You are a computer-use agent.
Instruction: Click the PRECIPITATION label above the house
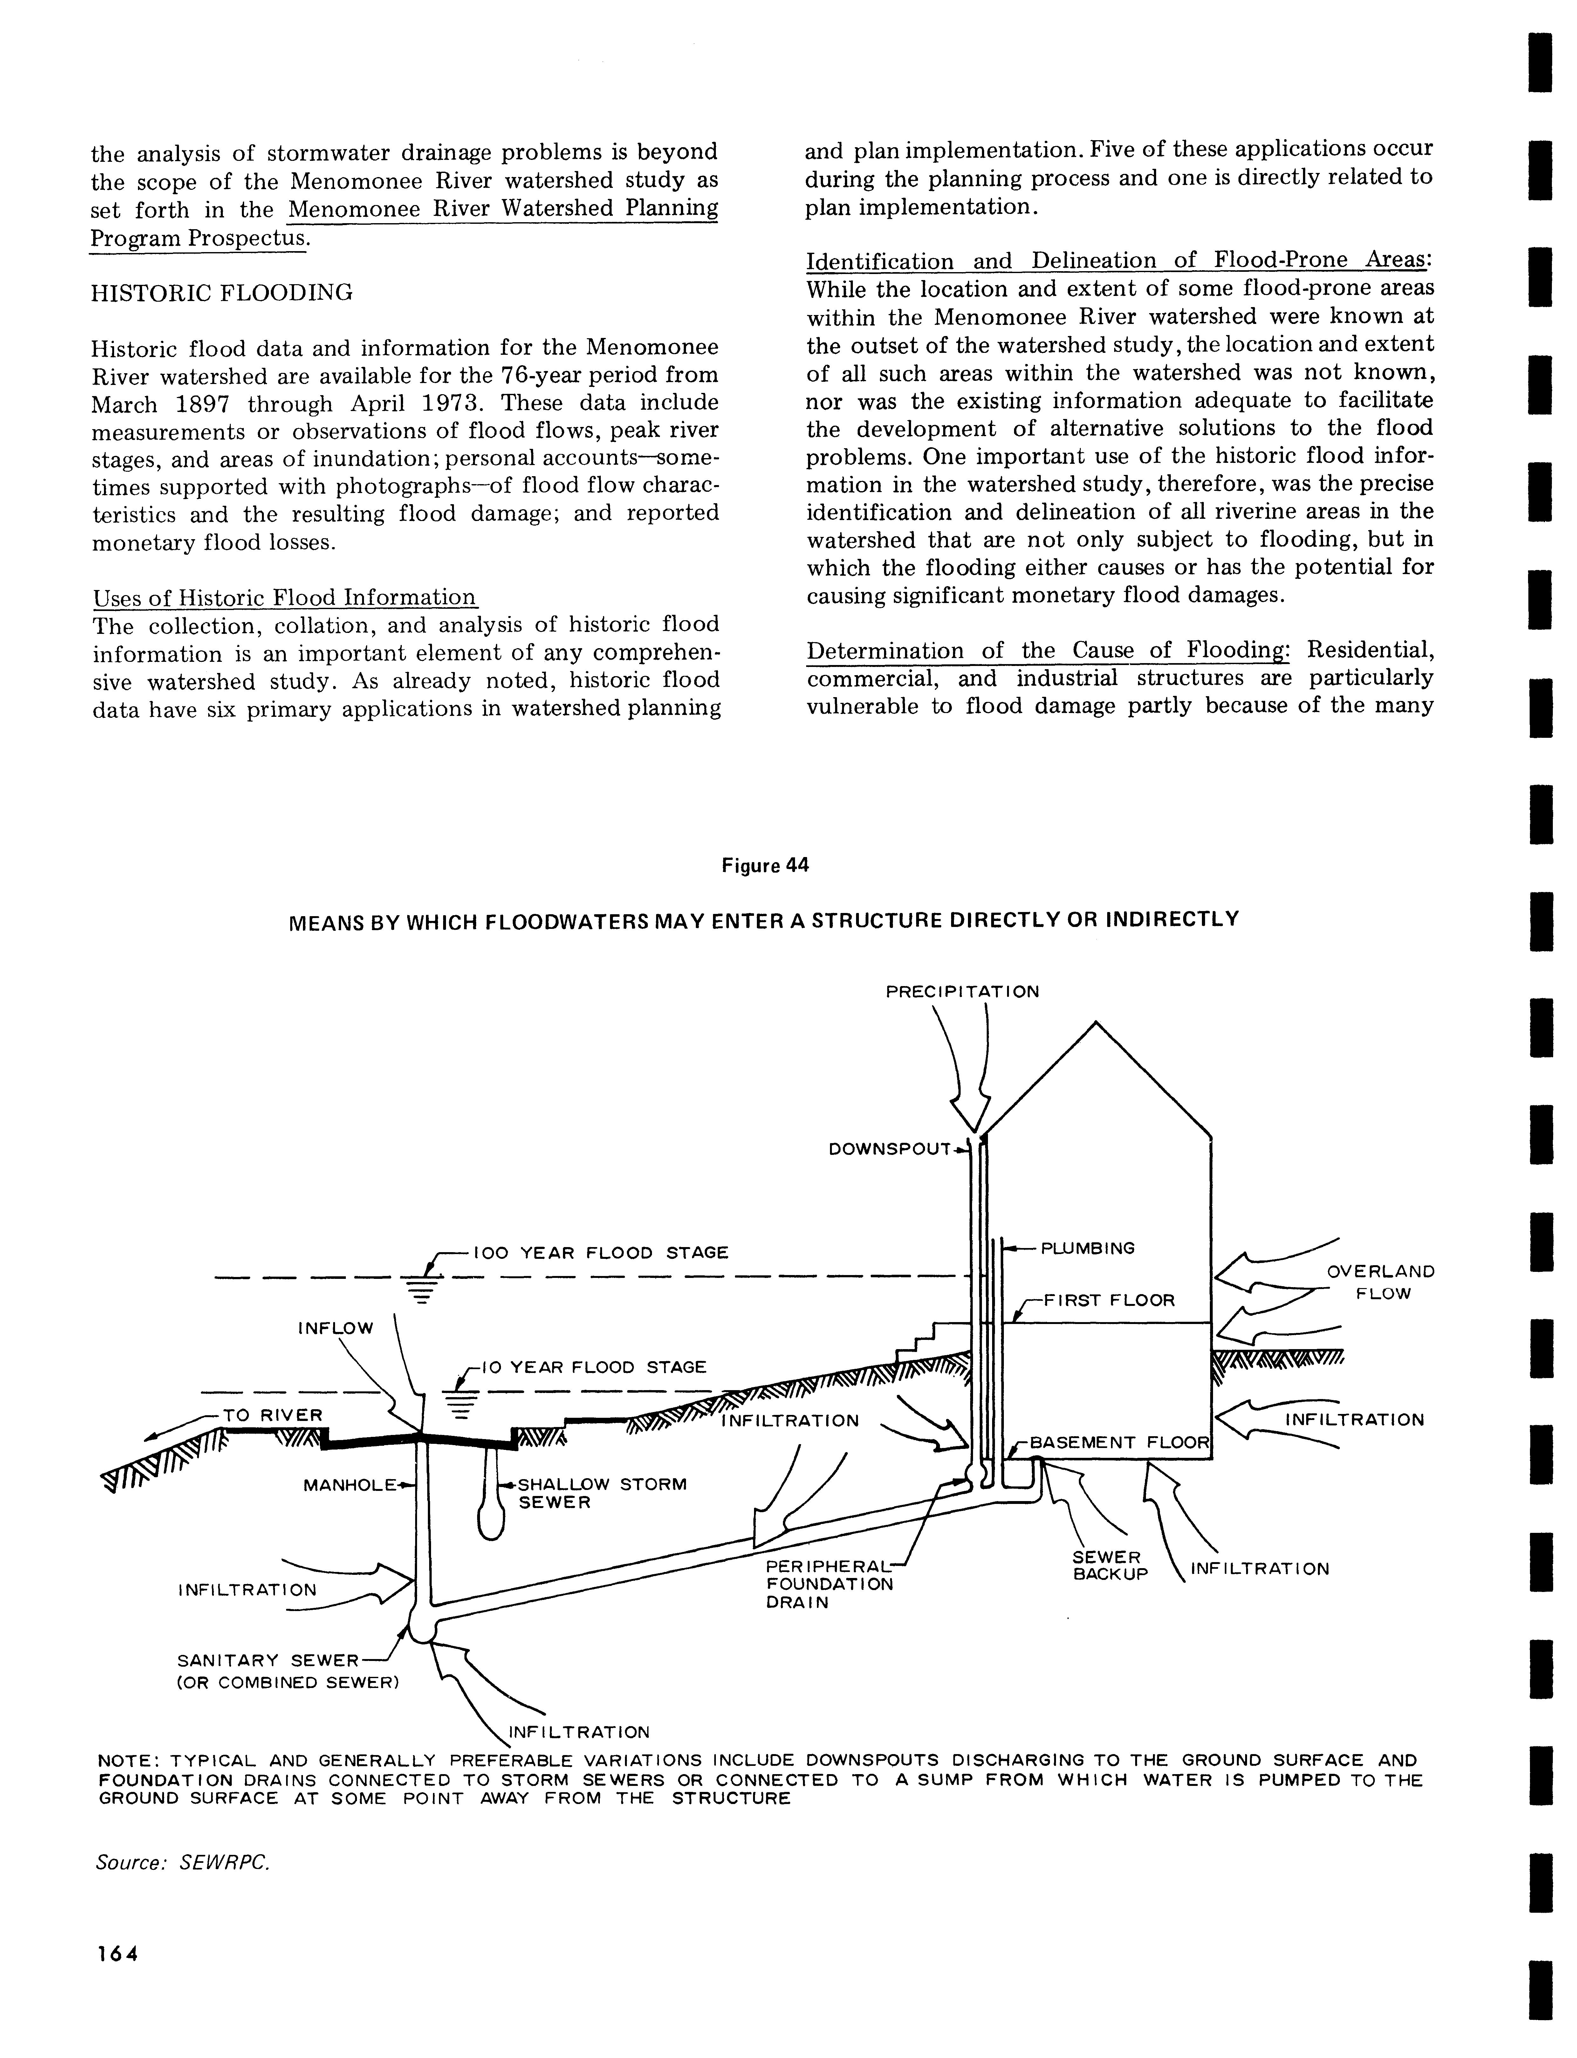[x=962, y=991]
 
